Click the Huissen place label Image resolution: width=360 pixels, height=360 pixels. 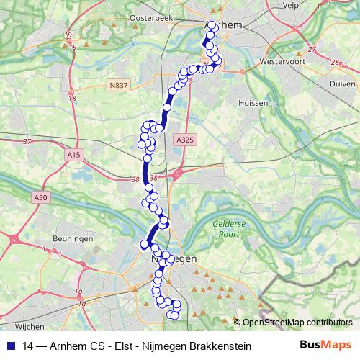253,103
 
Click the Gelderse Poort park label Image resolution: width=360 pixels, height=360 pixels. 230,228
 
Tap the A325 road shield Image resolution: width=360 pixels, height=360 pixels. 185,140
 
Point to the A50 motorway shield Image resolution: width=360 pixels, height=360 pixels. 42,197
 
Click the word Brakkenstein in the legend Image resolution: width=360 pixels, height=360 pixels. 220,346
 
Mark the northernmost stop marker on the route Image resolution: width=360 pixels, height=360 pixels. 212,26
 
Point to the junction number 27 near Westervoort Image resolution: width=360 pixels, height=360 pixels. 311,50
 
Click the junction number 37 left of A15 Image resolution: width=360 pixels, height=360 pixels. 28,141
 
